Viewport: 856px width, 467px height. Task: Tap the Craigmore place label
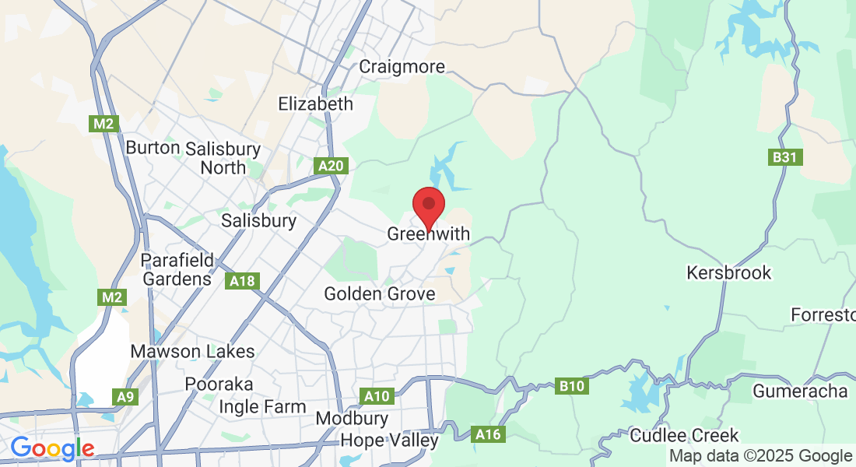(x=402, y=66)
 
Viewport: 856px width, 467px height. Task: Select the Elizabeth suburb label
(x=316, y=104)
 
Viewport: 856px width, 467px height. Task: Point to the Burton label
(x=153, y=148)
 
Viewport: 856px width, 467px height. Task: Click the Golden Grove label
(x=380, y=293)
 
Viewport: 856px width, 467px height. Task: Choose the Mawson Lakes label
(x=192, y=351)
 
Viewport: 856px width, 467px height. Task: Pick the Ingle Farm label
(x=262, y=406)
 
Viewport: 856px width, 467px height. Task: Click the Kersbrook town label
(x=729, y=272)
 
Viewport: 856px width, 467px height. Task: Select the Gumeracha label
(x=800, y=391)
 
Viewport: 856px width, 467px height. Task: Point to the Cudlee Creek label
(x=685, y=435)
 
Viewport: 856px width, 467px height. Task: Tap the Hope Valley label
(x=390, y=441)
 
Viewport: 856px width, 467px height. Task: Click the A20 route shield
(x=330, y=165)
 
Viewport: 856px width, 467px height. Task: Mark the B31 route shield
(x=786, y=157)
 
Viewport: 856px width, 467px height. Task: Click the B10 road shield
(x=573, y=384)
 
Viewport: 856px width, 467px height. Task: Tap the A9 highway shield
(x=126, y=397)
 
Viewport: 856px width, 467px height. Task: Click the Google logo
(x=52, y=448)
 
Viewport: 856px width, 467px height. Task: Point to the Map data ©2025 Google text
(x=761, y=455)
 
